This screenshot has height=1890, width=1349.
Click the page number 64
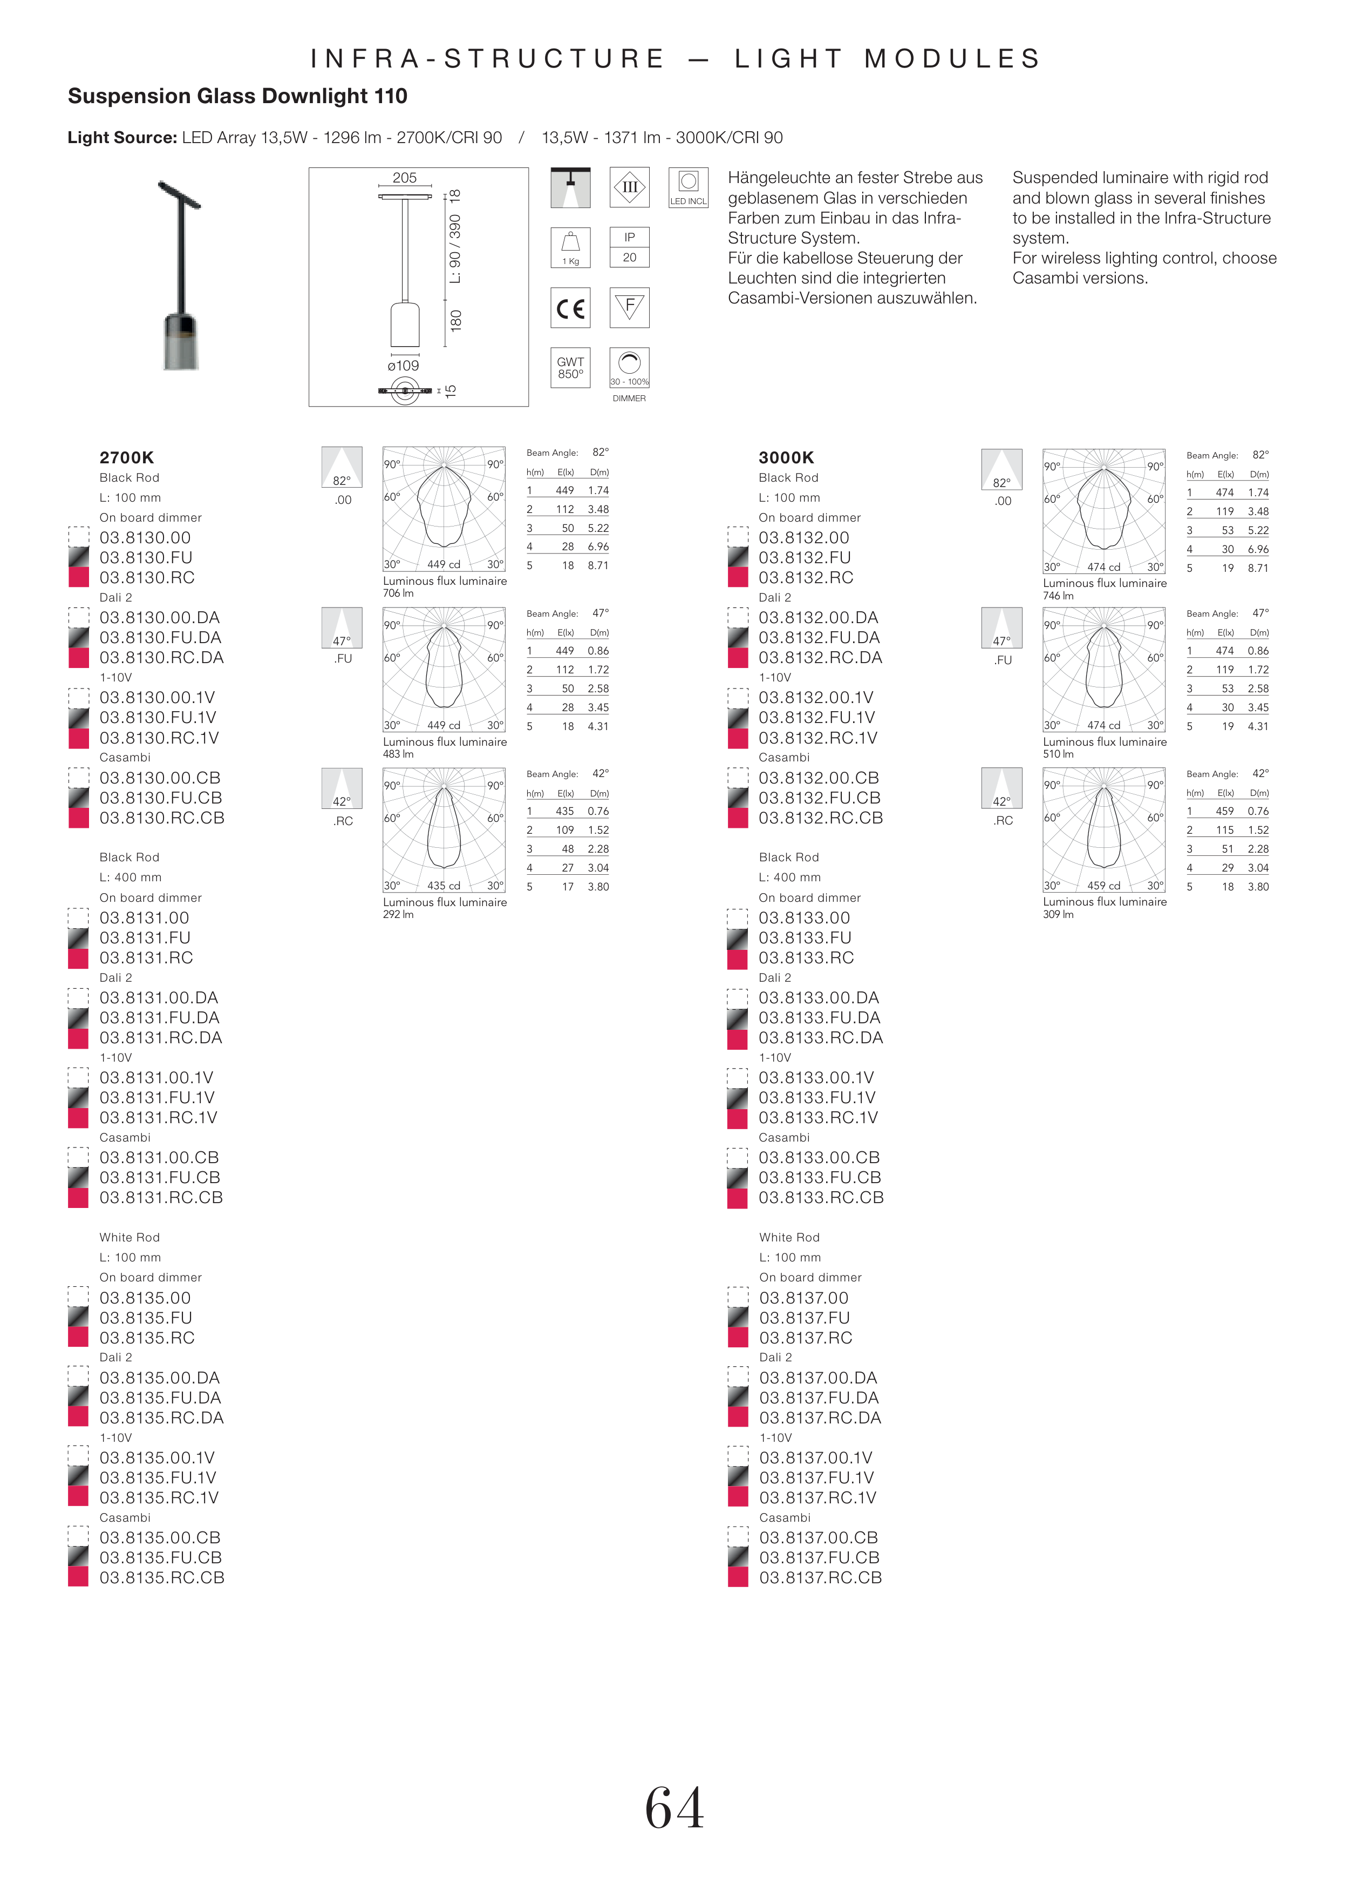click(674, 1808)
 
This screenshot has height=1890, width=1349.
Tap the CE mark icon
click(571, 308)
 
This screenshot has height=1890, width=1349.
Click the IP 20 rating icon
click(630, 248)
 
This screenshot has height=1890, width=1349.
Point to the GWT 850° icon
click(571, 367)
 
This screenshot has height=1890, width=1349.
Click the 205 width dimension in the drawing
click(405, 178)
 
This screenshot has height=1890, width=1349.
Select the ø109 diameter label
click(404, 366)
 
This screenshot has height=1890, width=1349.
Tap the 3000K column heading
click(786, 457)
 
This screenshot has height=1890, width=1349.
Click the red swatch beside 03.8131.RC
click(78, 959)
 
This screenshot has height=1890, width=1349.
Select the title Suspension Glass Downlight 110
click(237, 97)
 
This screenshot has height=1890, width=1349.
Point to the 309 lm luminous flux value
click(1058, 914)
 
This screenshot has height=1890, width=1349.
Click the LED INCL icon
click(688, 188)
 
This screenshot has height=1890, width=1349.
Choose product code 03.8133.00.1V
click(816, 1078)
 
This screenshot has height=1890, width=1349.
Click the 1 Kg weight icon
click(571, 248)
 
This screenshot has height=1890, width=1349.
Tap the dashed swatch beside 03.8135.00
click(78, 1298)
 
